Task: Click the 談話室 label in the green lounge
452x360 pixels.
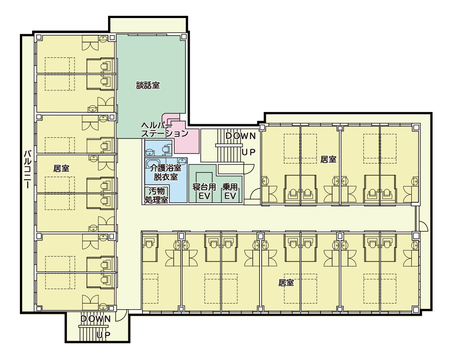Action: [x=148, y=85]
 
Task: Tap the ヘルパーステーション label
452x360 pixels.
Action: [x=165, y=130]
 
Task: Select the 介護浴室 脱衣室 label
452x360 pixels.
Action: [x=165, y=172]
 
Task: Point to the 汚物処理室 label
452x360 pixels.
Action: [x=156, y=195]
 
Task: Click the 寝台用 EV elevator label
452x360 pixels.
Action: [x=204, y=192]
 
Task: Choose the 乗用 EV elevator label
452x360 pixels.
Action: [x=230, y=192]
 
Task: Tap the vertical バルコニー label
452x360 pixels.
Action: [x=28, y=169]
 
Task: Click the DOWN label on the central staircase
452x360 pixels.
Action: [x=241, y=136]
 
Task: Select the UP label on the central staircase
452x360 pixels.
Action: [x=249, y=152]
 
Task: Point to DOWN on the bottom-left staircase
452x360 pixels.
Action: [x=95, y=319]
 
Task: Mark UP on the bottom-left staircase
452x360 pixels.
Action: [x=104, y=335]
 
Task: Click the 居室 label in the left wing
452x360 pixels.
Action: [x=61, y=168]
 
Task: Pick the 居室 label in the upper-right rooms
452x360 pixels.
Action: [x=328, y=159]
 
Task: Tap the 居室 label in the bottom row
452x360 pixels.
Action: [x=286, y=282]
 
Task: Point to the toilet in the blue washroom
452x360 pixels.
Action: [x=165, y=149]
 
